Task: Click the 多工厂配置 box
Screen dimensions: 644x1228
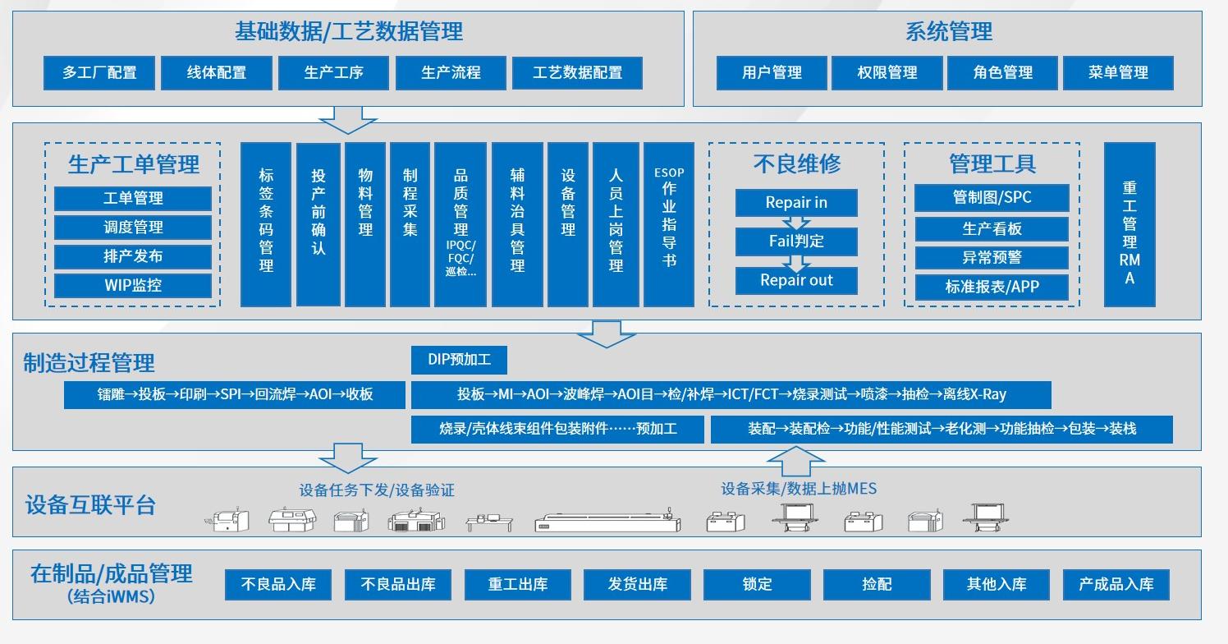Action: (99, 72)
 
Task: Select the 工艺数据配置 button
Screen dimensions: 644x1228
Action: (577, 72)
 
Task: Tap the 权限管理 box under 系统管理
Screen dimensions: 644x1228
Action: (887, 72)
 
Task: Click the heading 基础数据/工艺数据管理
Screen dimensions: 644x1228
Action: (348, 31)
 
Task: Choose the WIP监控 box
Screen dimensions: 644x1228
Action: (133, 285)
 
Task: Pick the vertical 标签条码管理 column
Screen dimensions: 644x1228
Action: (266, 224)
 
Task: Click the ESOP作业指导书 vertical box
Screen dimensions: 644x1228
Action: (669, 224)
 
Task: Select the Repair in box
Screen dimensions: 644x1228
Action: (796, 202)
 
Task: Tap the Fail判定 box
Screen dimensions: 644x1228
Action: (796, 241)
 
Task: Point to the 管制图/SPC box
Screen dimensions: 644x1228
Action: (992, 198)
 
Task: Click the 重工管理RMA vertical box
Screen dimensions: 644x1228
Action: (1129, 224)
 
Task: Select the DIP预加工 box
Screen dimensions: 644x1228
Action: (460, 360)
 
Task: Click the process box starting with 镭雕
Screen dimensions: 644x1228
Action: (235, 394)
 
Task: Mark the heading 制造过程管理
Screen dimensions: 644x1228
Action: (89, 362)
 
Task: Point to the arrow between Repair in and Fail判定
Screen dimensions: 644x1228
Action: (796, 223)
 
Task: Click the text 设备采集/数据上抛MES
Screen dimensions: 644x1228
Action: (799, 489)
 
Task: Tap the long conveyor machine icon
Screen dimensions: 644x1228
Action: (607, 522)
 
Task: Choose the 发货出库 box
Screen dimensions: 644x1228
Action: (638, 584)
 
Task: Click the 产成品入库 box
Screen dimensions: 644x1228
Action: (1116, 584)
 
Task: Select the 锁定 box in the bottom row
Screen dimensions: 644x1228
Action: (757, 584)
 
